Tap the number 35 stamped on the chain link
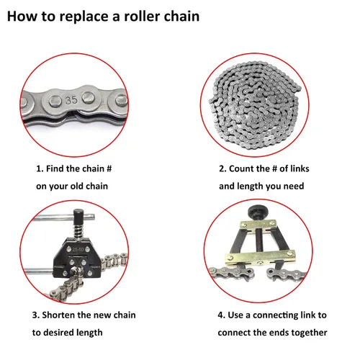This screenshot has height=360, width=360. pos(71,100)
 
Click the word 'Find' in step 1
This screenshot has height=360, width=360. pos(55,168)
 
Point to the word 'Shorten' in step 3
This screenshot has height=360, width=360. pos(58,315)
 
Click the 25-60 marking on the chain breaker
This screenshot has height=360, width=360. pos(78,250)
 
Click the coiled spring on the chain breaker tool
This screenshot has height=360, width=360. pos(78,231)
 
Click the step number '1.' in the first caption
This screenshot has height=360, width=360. pos(40,168)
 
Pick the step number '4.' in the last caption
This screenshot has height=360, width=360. pos(221,315)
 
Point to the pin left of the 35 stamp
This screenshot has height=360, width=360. pos(55,102)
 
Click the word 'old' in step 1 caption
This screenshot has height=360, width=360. pos(77,186)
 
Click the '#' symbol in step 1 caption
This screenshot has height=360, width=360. pos(109,168)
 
